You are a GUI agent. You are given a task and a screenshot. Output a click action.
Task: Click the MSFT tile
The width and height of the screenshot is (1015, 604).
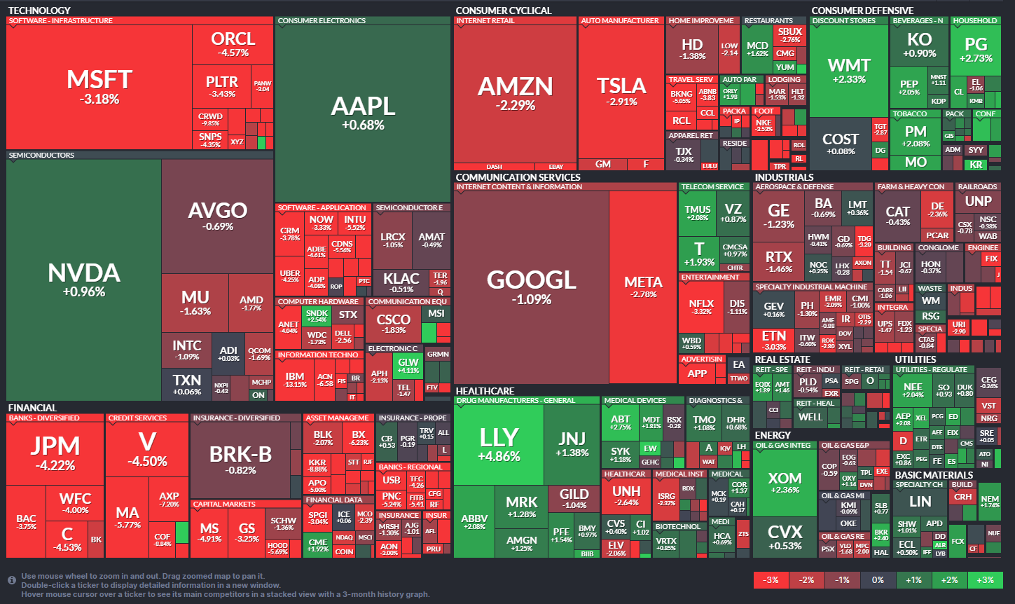(99, 85)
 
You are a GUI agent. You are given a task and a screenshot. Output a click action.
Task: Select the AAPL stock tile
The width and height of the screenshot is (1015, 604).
(363, 112)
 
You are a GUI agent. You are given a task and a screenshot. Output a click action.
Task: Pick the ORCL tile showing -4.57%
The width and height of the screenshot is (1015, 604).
(233, 44)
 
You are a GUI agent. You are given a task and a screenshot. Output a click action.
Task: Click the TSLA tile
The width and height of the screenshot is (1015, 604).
(621, 91)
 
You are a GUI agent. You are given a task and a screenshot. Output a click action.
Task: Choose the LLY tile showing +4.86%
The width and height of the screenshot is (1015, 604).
(499, 444)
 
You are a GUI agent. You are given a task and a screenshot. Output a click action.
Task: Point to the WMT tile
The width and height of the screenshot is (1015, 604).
(849, 70)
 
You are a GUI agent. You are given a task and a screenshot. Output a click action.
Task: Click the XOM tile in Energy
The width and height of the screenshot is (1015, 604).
(785, 483)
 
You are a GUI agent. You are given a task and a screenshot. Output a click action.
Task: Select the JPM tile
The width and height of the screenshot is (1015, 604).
(55, 452)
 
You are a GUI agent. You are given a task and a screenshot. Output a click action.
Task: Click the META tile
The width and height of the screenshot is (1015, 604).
(643, 287)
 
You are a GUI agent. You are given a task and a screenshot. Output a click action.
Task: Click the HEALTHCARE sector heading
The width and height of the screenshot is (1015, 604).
(485, 391)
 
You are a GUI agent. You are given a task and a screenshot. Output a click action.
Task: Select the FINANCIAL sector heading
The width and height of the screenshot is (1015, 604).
(32, 408)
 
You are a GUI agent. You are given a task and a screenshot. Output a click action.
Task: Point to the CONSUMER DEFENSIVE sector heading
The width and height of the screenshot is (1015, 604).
(862, 11)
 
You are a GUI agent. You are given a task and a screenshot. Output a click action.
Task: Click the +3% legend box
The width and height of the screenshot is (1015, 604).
(985, 580)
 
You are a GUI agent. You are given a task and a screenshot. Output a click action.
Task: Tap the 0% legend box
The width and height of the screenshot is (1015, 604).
(878, 580)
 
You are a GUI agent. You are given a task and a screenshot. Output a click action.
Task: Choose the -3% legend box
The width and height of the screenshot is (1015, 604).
(771, 580)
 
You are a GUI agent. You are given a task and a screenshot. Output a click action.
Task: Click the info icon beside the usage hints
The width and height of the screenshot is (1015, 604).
(12, 580)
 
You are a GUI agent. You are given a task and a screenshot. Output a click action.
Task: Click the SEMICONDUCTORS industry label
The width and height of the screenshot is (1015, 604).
(41, 155)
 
